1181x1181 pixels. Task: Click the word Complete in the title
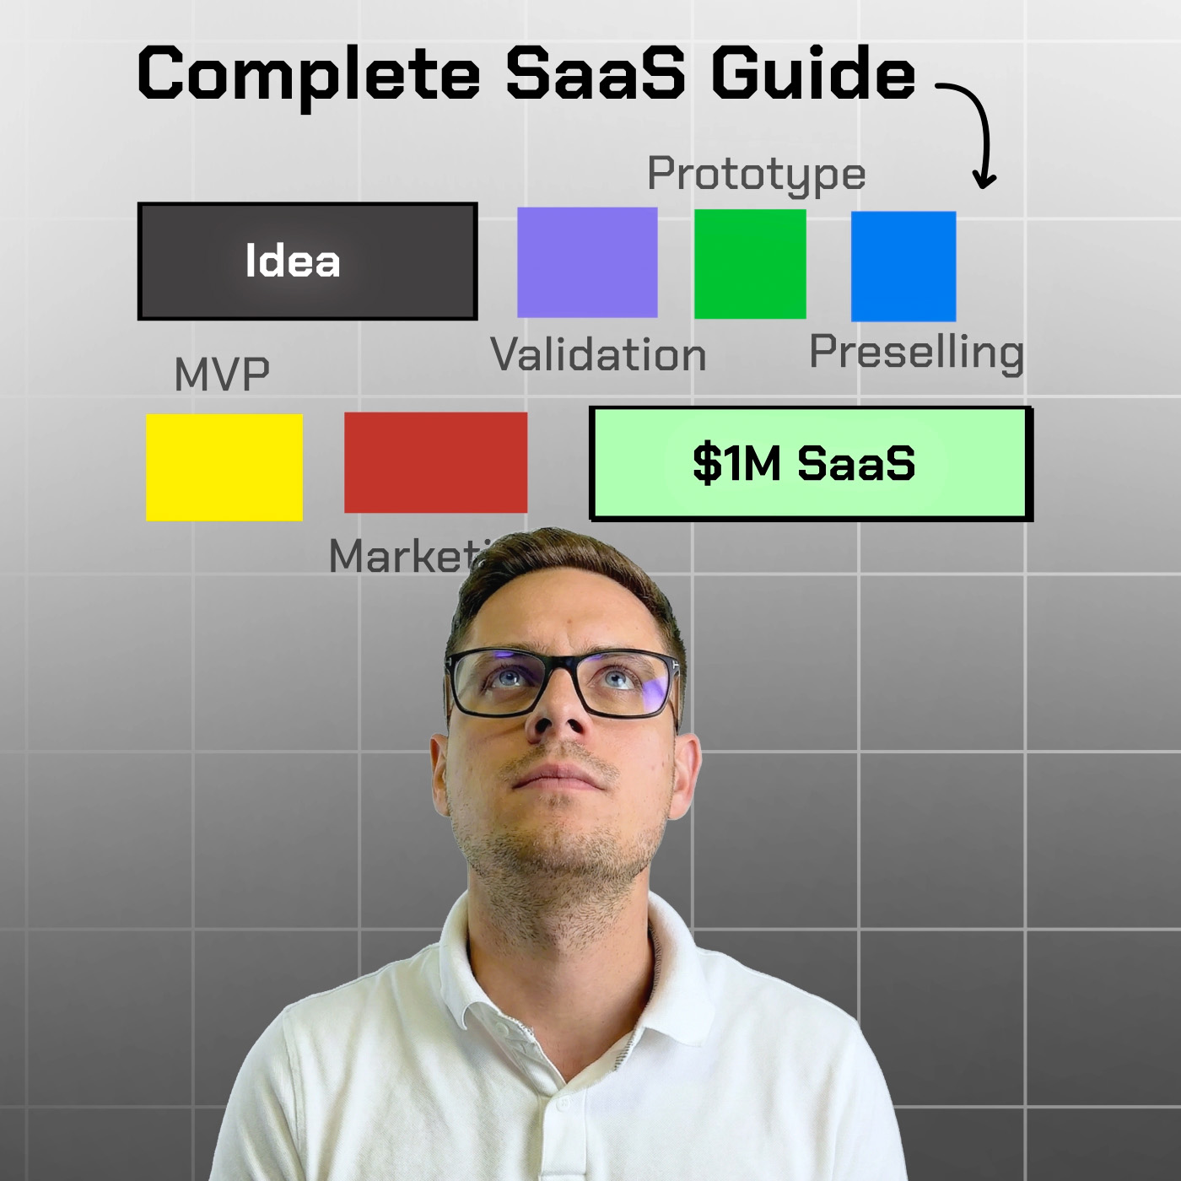pyautogui.click(x=308, y=74)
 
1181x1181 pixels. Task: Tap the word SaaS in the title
pyautogui.click(x=595, y=74)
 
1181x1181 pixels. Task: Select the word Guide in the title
pyautogui.click(x=812, y=74)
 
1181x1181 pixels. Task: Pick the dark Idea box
pyautogui.click(x=307, y=262)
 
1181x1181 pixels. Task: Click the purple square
pyautogui.click(x=587, y=262)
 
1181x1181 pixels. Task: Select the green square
pyautogui.click(x=750, y=264)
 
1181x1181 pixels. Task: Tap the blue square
pyautogui.click(x=903, y=266)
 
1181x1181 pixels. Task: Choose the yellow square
pyautogui.click(x=224, y=466)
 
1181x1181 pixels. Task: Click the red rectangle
pyautogui.click(x=435, y=462)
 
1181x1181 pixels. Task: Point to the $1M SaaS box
pyautogui.click(x=810, y=463)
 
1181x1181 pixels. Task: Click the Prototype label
pyautogui.click(x=756, y=175)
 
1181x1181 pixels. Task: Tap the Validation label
pyautogui.click(x=598, y=354)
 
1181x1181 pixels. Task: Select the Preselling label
pyautogui.click(x=916, y=352)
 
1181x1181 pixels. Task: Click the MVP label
pyautogui.click(x=222, y=375)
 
